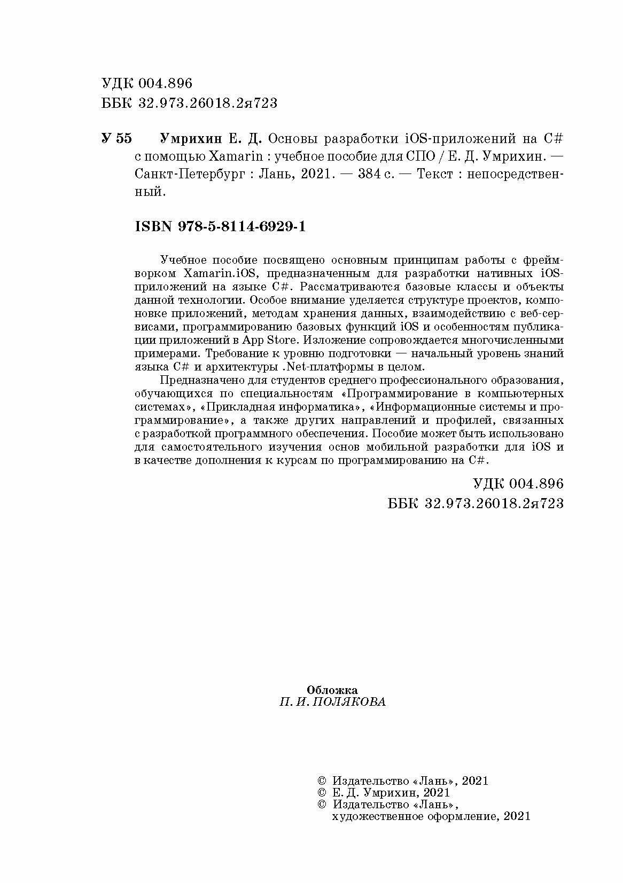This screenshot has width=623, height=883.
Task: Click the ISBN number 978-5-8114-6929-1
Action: click(x=221, y=227)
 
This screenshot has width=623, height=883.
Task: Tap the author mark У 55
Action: click(x=116, y=139)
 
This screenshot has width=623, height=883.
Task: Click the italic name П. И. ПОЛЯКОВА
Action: click(x=332, y=702)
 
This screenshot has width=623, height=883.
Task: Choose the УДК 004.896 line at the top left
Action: click(x=146, y=83)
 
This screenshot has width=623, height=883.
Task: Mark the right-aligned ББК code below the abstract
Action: click(x=475, y=503)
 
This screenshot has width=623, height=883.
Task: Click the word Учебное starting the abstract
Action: click(x=184, y=260)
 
